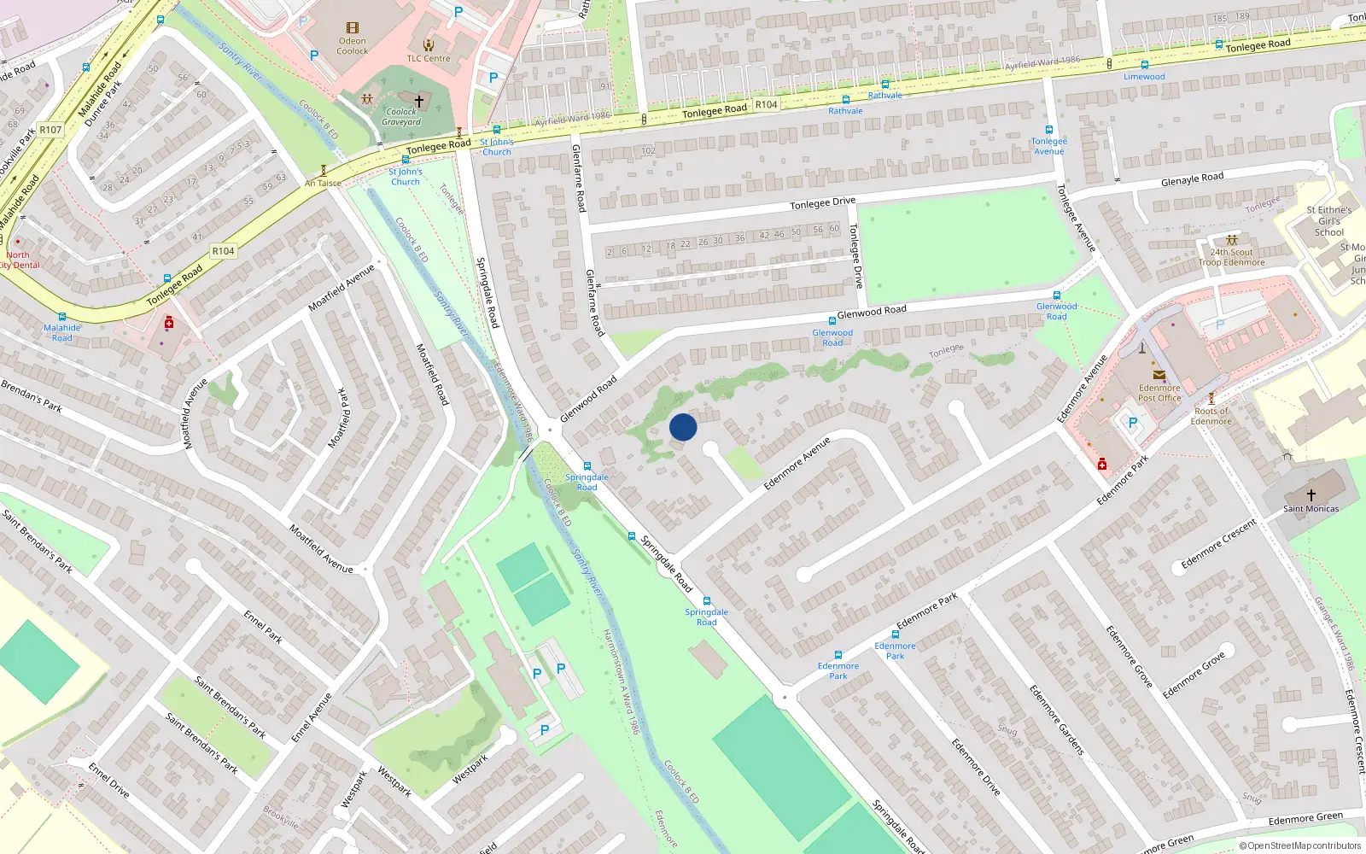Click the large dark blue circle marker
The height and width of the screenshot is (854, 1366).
tap(683, 427)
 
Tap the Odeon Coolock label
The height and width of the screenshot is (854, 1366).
tap(352, 46)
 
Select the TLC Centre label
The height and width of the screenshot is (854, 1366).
tap(428, 58)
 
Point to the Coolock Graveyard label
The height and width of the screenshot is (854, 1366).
tap(401, 116)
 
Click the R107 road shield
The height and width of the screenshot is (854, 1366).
tap(50, 130)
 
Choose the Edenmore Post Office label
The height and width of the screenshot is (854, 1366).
tap(1159, 393)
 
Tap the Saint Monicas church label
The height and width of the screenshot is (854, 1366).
tap(1311, 509)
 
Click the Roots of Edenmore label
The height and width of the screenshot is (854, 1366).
tap(1211, 416)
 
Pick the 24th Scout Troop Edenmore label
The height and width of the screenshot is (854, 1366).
tap(1232, 257)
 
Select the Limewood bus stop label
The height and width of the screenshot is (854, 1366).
tap(1144, 77)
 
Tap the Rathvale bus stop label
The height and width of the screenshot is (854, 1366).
tap(845, 111)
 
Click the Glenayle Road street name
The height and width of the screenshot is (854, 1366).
tap(1192, 179)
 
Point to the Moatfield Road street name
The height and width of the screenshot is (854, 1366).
tap(432, 374)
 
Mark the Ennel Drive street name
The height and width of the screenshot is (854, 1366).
tap(109, 781)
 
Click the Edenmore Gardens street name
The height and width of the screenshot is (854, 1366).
tap(1056, 719)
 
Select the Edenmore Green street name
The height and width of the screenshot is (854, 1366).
tap(1305, 818)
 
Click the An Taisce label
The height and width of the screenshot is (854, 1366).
tap(323, 183)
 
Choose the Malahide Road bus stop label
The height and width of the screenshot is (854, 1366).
tap(62, 332)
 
